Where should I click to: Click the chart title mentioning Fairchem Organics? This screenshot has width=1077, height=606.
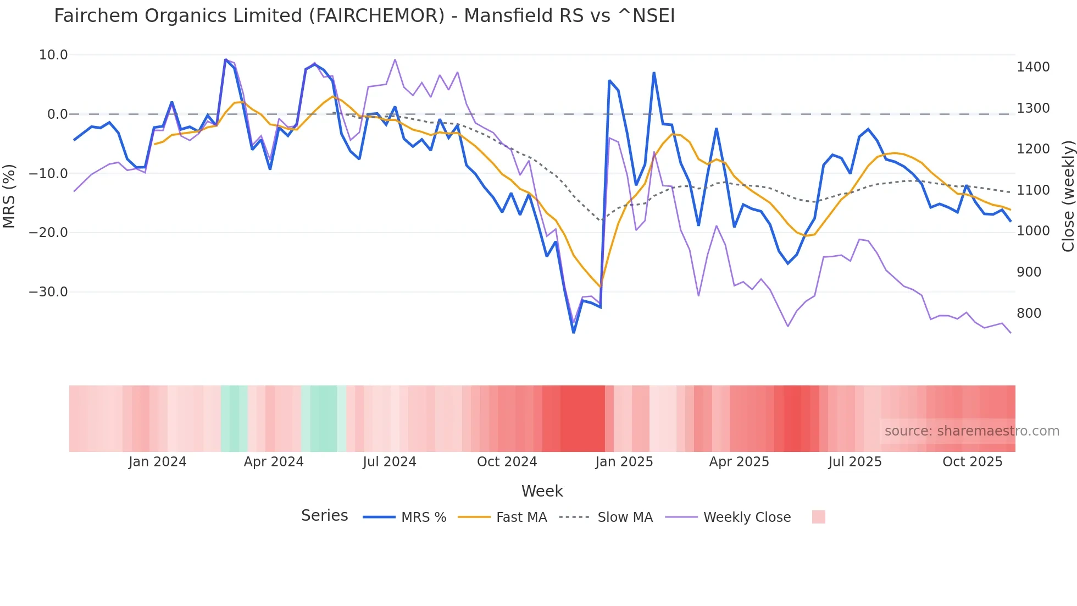click(364, 16)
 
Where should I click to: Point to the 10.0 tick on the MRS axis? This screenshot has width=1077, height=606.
click(53, 55)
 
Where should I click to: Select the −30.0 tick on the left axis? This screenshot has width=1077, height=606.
click(48, 292)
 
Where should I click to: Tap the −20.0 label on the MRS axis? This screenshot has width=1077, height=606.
click(48, 233)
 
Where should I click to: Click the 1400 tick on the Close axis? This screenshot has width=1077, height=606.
click(1033, 67)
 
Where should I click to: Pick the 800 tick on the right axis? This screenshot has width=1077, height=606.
click(1029, 313)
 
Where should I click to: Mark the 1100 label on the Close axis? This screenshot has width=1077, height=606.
click(1033, 190)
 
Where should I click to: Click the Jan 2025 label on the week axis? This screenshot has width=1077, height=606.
click(624, 462)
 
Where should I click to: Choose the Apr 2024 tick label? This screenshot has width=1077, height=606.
click(274, 462)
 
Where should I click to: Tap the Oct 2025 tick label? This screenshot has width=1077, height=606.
click(973, 462)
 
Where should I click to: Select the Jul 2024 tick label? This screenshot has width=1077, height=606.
click(390, 462)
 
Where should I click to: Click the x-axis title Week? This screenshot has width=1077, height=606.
click(542, 491)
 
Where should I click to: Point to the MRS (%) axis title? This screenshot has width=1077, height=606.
click(9, 196)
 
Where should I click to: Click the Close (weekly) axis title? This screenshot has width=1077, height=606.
click(1068, 196)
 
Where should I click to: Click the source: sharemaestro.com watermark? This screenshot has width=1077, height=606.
click(971, 431)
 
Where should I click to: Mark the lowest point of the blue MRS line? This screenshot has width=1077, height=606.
click(574, 333)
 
